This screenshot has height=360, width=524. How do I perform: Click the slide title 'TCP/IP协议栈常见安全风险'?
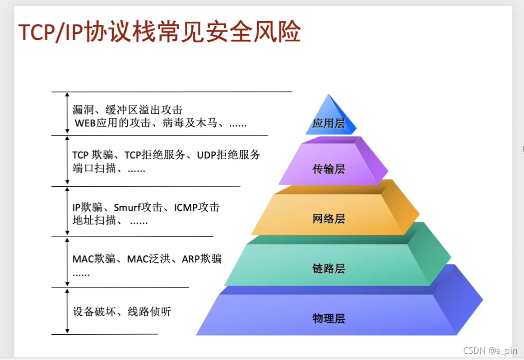(159, 32)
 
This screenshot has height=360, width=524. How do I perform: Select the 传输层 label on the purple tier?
(329, 169)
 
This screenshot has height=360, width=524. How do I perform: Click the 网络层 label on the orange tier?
(329, 219)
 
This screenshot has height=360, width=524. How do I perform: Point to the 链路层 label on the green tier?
(329, 269)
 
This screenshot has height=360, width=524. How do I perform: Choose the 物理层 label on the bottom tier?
(329, 318)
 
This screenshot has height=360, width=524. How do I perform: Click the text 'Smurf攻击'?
(138, 208)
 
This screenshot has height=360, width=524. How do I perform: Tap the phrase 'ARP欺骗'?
(202, 259)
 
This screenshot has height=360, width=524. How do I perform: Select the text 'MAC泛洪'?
(146, 259)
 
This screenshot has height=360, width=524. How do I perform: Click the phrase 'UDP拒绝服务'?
(229, 155)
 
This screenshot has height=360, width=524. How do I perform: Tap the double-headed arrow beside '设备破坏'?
(67, 311)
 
